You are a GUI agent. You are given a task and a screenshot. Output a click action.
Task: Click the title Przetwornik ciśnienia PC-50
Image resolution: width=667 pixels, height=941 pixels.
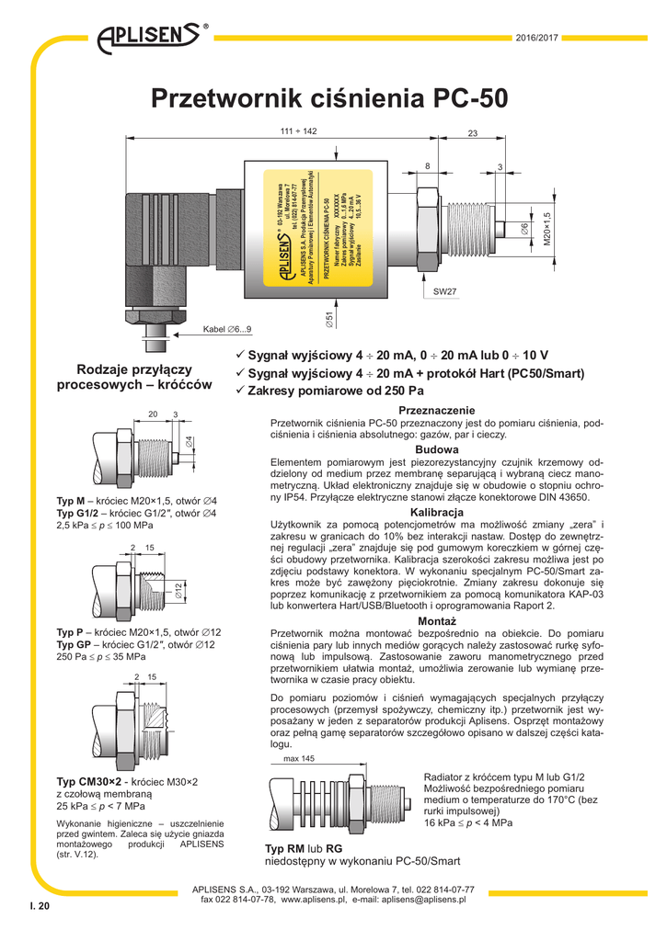333,97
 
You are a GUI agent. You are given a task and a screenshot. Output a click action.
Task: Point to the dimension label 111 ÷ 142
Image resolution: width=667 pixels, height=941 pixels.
298,131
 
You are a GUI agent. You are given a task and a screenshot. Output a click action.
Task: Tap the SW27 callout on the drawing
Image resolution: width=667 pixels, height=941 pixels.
445,291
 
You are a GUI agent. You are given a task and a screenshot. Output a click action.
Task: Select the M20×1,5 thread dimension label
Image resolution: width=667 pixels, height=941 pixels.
546,226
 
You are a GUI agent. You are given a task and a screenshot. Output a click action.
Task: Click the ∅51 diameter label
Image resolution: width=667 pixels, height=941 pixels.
329,320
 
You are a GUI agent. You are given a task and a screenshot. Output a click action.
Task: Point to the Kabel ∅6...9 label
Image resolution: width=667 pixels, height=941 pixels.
227,329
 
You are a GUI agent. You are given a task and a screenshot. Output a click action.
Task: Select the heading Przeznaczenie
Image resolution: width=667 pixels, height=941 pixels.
436,410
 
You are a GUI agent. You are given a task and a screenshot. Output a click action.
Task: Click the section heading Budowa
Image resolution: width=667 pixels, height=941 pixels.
436,448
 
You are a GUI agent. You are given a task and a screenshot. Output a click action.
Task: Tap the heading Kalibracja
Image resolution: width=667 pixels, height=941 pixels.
436,511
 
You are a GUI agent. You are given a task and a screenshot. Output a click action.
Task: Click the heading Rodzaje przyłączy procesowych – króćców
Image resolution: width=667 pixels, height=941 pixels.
134,377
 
